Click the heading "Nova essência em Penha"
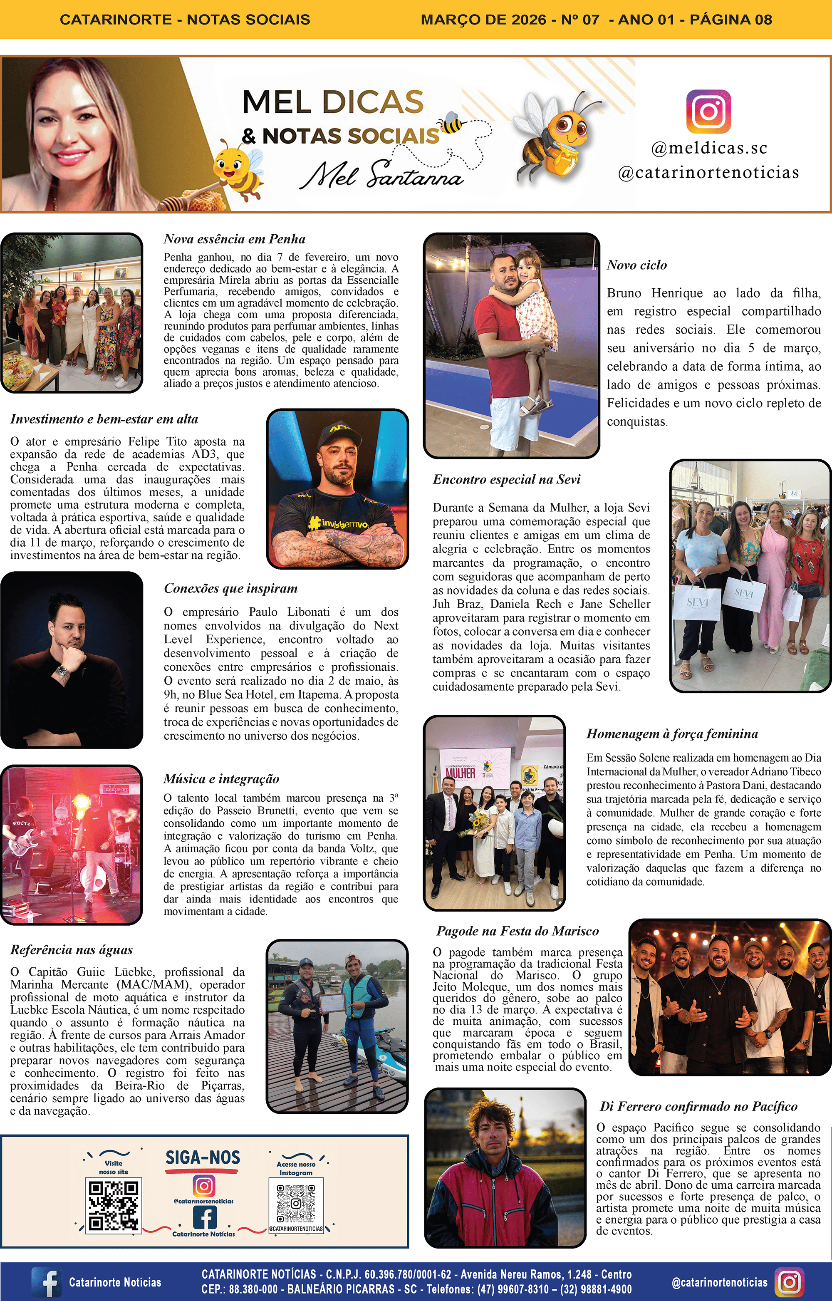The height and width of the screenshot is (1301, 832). click(235, 239)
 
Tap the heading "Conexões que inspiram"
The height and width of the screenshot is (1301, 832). click(231, 588)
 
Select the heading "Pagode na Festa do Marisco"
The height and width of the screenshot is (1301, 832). click(518, 931)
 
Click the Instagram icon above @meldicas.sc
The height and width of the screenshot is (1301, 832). click(708, 112)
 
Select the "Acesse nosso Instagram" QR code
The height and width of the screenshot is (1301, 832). click(295, 1204)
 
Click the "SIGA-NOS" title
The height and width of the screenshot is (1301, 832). click(203, 1158)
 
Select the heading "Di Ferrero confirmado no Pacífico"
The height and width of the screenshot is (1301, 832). click(698, 1107)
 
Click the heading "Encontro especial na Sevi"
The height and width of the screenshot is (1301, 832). click(506, 479)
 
